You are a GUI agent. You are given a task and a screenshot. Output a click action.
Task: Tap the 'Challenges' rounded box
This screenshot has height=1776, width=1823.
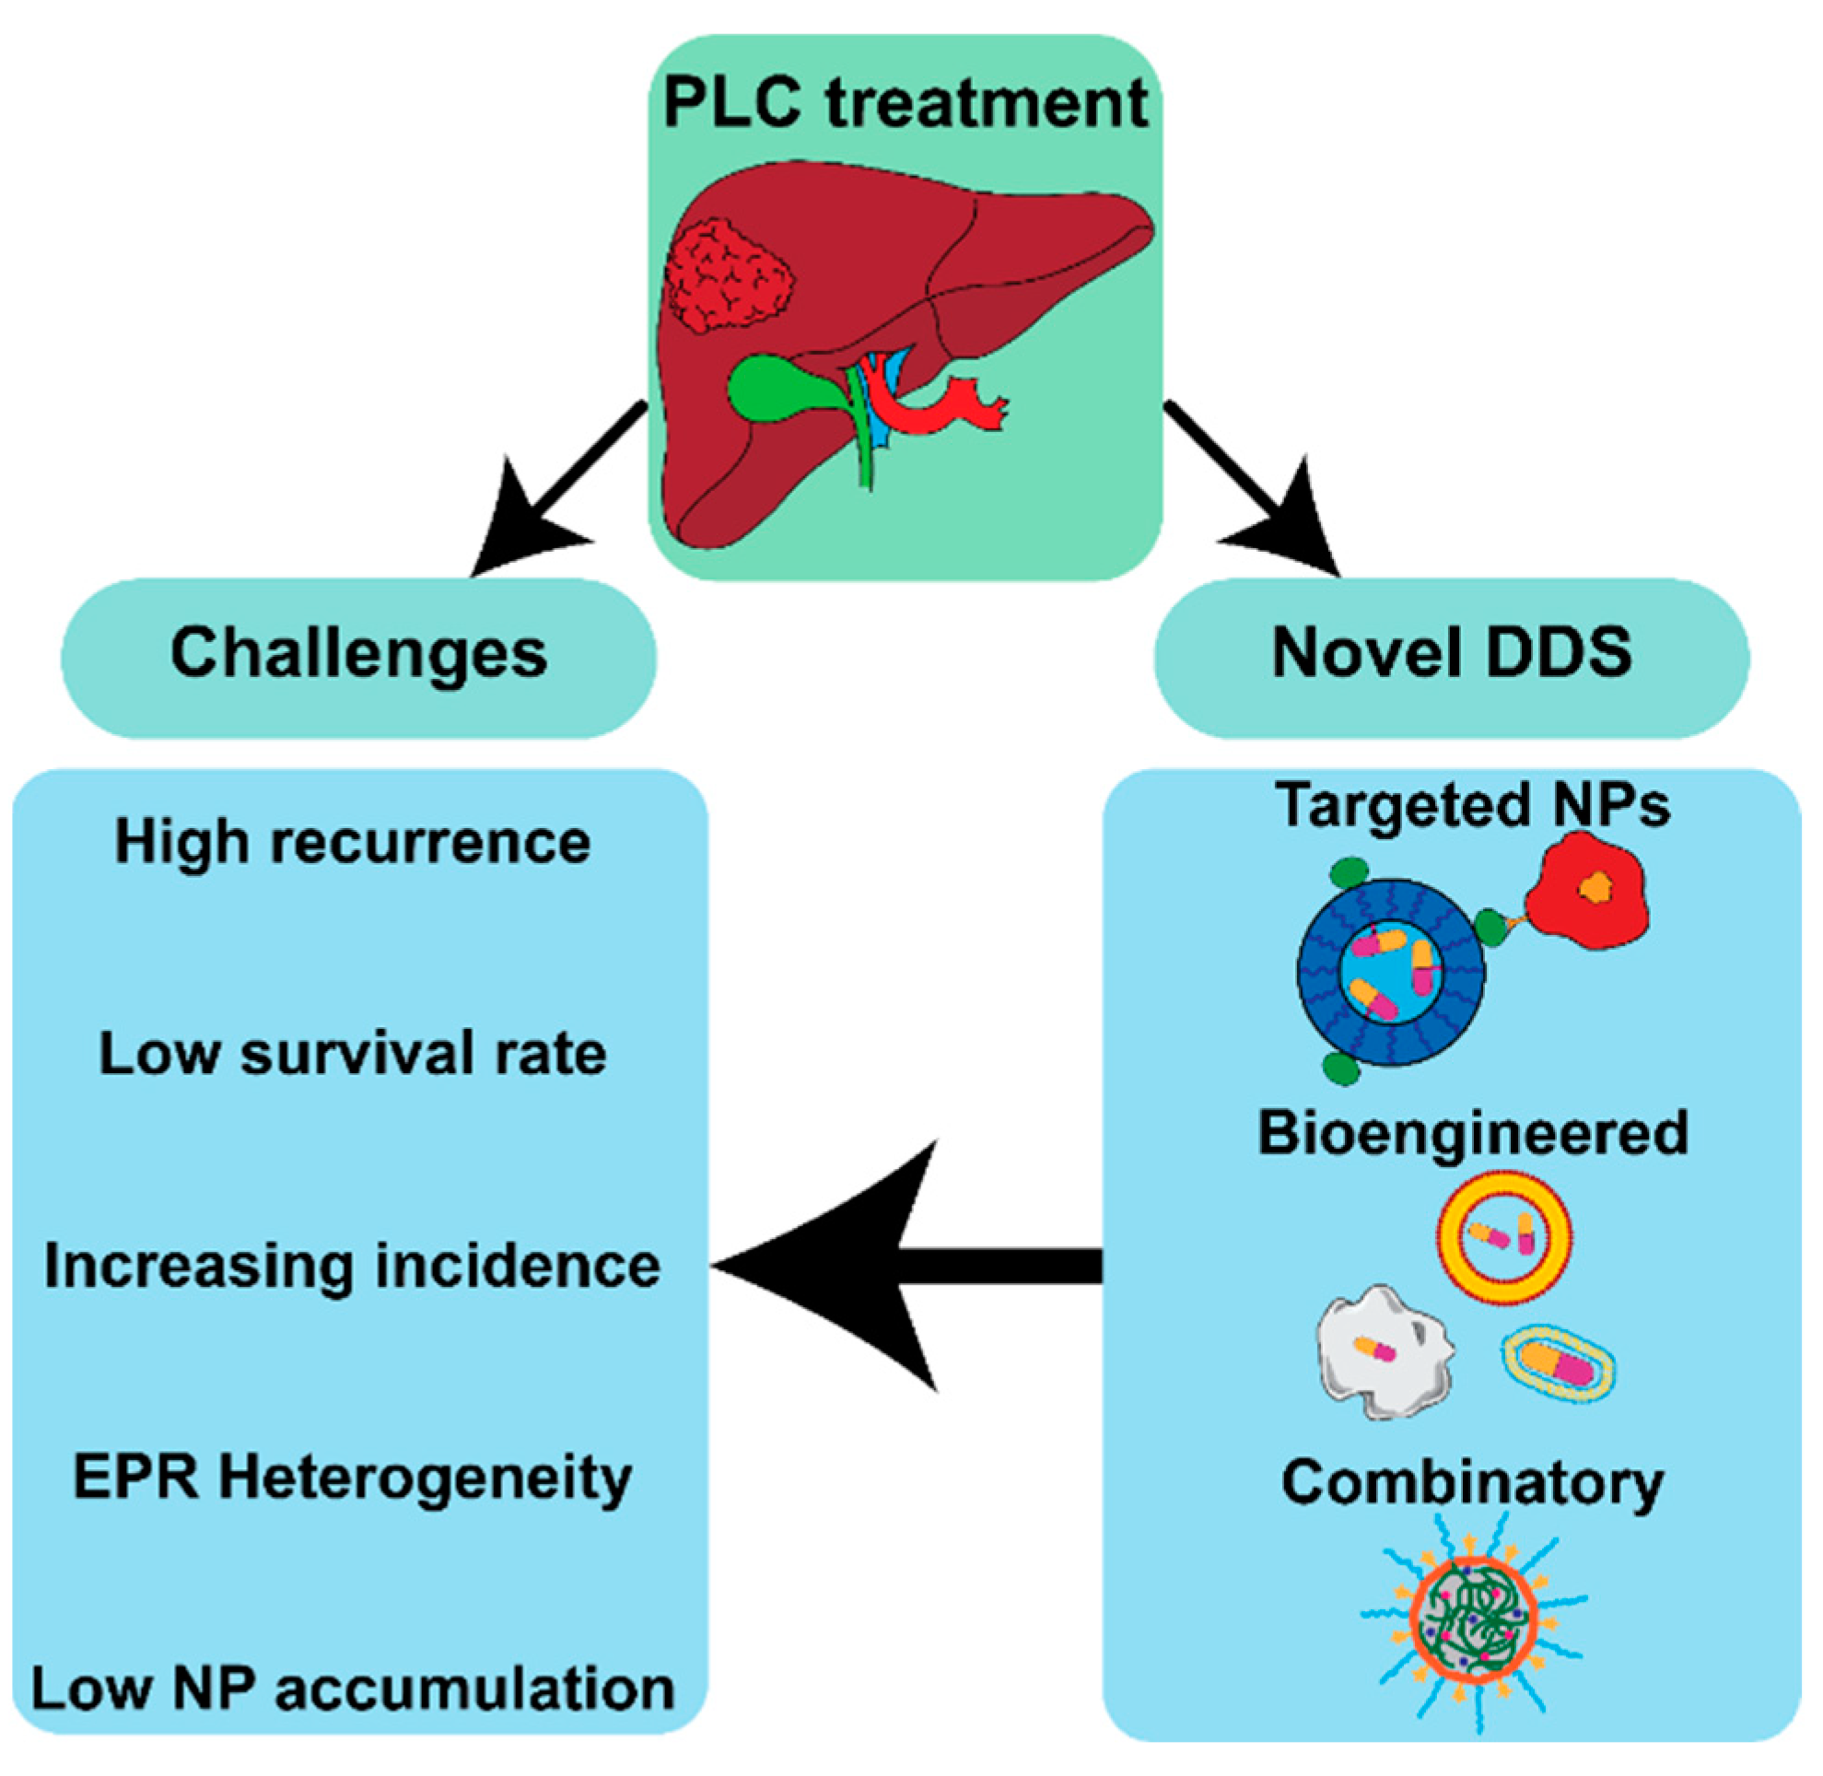pyautogui.click(x=359, y=658)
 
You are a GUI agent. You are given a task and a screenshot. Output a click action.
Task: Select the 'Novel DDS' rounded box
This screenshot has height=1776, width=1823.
pyautogui.click(x=1452, y=658)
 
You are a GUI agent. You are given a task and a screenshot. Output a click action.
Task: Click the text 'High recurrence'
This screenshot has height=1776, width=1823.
pyautogui.click(x=353, y=842)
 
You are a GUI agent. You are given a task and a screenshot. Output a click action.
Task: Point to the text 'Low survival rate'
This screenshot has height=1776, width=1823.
pyautogui.click(x=353, y=1053)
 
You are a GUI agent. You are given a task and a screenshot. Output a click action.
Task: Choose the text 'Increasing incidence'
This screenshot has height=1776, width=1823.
pyautogui.click(x=353, y=1266)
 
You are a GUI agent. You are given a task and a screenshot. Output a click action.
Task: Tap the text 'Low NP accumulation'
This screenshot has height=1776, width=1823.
pyautogui.click(x=353, y=1689)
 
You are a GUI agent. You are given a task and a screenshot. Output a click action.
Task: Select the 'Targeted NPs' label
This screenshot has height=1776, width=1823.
pyautogui.click(x=1473, y=805)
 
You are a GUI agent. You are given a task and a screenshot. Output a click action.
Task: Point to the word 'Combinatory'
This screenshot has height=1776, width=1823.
pyautogui.click(x=1473, y=1483)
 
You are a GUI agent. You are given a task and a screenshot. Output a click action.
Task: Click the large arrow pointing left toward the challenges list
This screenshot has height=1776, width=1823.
pyautogui.click(x=906, y=1267)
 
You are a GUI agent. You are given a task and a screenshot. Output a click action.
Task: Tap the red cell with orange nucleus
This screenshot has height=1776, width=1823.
pyautogui.click(x=1587, y=892)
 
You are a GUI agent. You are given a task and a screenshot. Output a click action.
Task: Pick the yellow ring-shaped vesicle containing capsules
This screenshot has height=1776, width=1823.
pyautogui.click(x=1505, y=1236)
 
